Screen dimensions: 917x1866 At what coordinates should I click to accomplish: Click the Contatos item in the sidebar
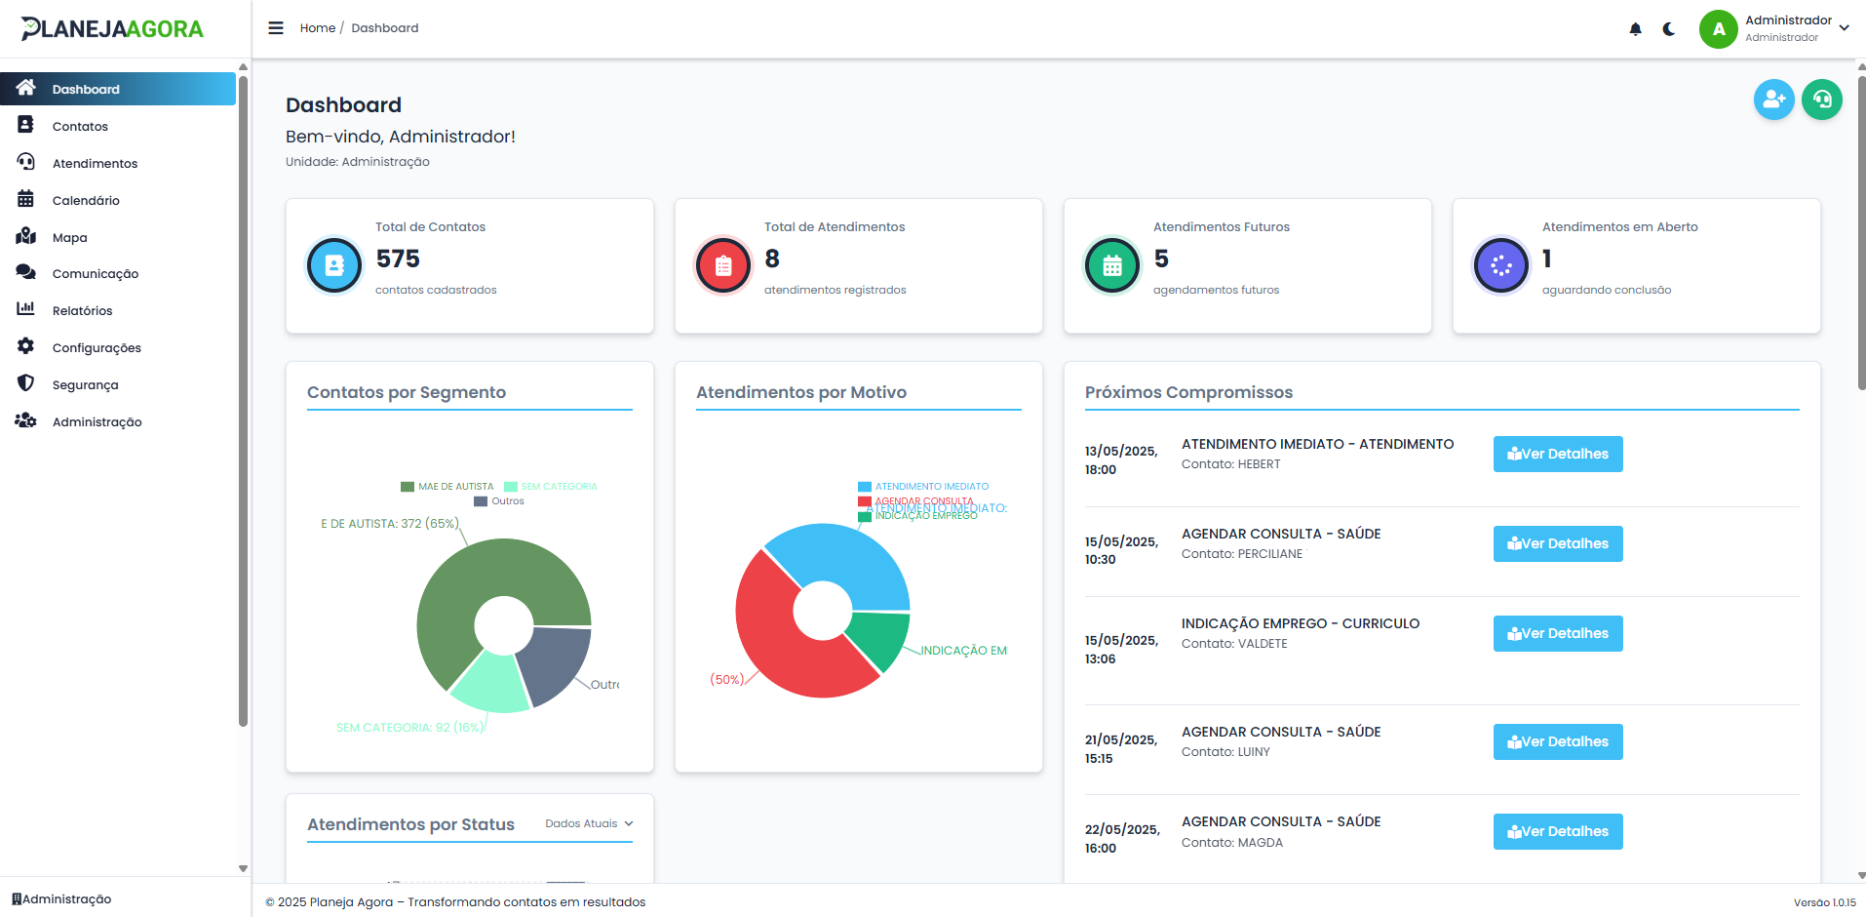click(80, 127)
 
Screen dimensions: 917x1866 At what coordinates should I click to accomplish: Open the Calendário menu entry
click(86, 201)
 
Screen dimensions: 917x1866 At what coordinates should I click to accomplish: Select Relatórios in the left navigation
click(82, 311)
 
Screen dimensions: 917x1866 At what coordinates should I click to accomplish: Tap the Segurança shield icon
click(26, 383)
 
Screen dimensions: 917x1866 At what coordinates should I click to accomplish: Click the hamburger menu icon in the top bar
click(276, 28)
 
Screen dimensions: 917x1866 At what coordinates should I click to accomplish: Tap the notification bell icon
click(1635, 29)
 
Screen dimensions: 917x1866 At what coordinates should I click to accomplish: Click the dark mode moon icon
click(1669, 29)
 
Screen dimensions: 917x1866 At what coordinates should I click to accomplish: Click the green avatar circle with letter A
click(1718, 29)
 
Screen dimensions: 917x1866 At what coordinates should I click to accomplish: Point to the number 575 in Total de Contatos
click(398, 259)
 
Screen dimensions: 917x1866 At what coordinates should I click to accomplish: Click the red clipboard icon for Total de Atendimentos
click(722, 265)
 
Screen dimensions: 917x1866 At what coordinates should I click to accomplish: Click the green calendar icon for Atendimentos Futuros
click(1111, 265)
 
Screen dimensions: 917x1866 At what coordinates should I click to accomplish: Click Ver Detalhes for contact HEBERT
click(1557, 454)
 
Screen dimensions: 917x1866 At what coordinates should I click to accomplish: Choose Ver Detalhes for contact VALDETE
click(1557, 633)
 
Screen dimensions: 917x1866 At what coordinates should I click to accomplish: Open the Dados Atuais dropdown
click(589, 823)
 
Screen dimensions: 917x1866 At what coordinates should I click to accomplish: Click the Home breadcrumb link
click(317, 28)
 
